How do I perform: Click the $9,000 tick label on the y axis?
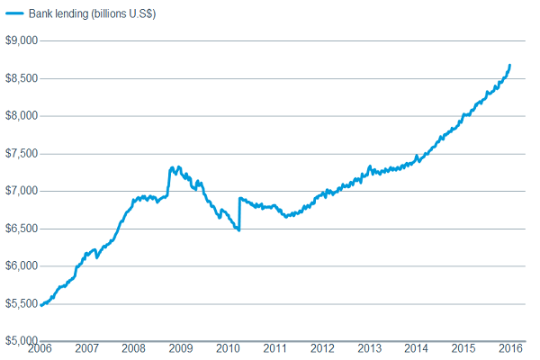pos(21,40)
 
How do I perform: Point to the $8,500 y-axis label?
pos(21,78)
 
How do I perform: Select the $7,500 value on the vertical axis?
pos(21,153)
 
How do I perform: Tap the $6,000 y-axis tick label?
pos(21,265)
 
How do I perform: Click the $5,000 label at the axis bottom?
pos(21,340)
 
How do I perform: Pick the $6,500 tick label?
pos(21,229)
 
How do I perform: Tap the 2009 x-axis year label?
pos(181,349)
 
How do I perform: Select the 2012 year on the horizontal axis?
pos(322,349)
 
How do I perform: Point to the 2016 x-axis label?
pos(510,349)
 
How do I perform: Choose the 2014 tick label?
pos(416,349)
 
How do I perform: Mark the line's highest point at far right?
pos(510,65)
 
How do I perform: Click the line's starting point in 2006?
pos(41,306)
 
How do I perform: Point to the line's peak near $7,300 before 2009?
pos(172,167)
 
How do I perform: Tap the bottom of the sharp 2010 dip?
pos(238,230)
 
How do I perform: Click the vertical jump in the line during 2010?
pos(239,214)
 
